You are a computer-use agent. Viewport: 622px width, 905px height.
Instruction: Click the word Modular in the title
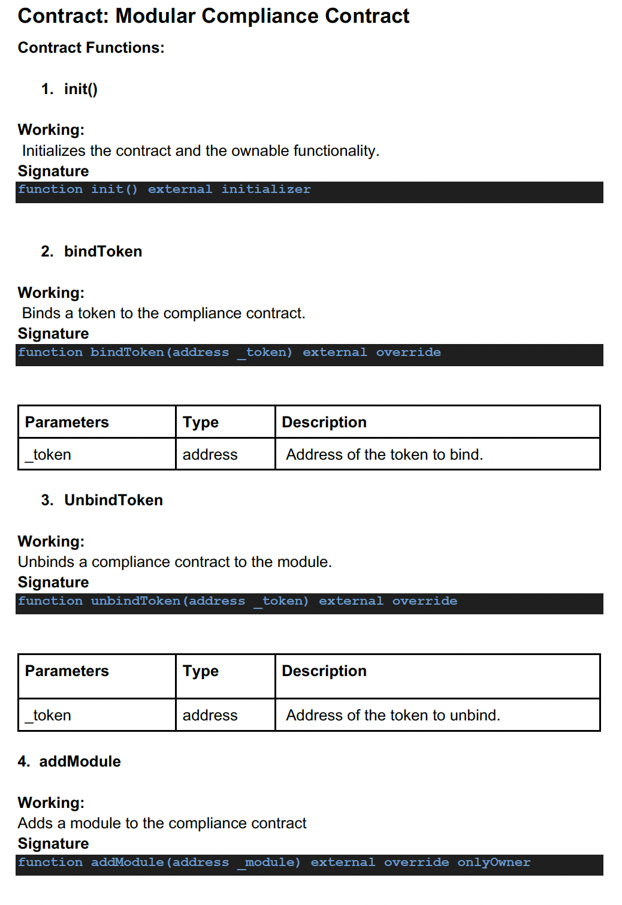[x=155, y=16]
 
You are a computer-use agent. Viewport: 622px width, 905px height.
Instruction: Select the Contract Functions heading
[x=91, y=48]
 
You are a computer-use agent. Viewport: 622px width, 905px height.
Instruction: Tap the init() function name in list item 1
[x=81, y=89]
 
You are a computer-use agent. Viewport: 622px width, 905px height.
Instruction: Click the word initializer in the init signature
[x=266, y=189]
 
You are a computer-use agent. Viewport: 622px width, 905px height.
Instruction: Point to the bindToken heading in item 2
[x=103, y=252]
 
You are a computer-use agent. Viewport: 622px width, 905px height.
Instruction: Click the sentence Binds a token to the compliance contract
[x=164, y=313]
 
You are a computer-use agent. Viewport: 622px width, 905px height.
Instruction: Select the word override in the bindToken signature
[x=408, y=352]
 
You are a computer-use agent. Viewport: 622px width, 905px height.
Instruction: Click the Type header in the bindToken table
[x=201, y=423]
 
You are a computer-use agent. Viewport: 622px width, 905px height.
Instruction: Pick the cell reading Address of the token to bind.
[x=384, y=455]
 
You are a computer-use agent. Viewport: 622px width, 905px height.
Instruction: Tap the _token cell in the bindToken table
[x=49, y=455]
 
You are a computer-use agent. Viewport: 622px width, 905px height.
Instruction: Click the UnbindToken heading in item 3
[x=113, y=500]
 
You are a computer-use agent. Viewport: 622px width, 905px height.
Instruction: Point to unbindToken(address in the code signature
[x=168, y=601]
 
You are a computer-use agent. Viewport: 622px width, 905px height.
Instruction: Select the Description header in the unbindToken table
[x=324, y=671]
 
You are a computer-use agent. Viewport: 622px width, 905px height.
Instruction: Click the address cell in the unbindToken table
[x=210, y=716]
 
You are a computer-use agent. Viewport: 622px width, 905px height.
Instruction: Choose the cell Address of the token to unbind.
[x=392, y=716]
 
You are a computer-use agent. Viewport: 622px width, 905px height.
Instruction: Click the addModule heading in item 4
[x=80, y=762]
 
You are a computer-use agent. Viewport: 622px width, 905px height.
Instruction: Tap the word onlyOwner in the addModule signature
[x=494, y=862]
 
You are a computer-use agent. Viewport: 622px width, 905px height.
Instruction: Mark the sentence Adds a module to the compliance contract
[x=162, y=823]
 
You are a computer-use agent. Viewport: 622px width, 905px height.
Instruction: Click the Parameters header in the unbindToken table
[x=67, y=671]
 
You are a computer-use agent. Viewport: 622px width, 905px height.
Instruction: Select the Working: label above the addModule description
[x=51, y=803]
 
